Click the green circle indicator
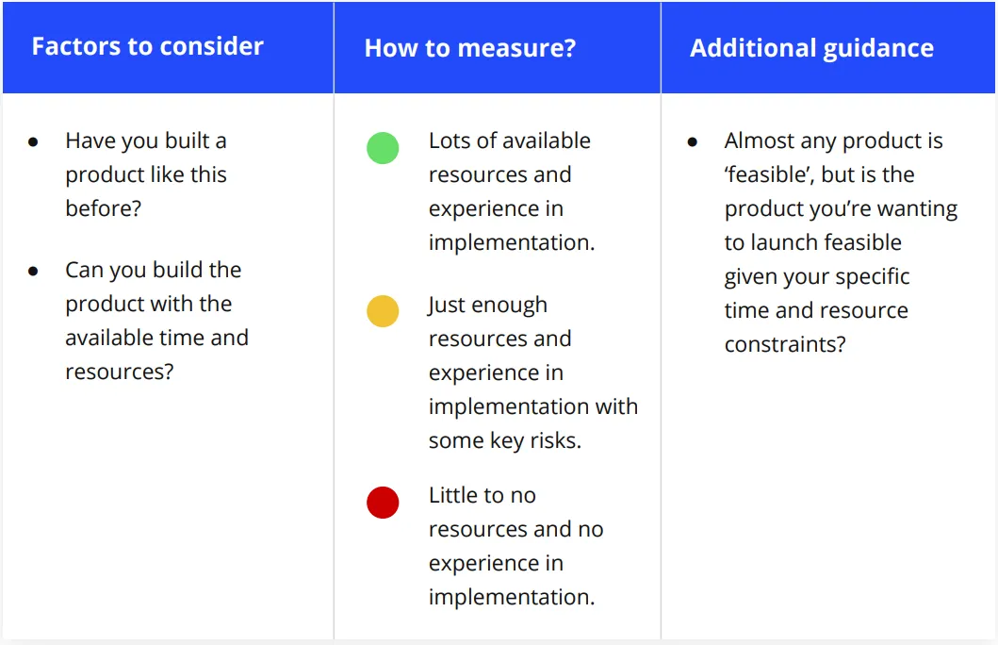click(383, 148)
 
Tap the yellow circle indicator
click(383, 311)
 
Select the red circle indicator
click(383, 503)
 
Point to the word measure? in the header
click(516, 48)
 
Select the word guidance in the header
click(879, 49)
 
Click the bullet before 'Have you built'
click(33, 142)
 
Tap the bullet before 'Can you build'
click(33, 272)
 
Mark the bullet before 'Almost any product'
click(693, 142)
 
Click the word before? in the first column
click(103, 208)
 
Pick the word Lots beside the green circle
click(449, 141)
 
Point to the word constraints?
click(785, 344)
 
